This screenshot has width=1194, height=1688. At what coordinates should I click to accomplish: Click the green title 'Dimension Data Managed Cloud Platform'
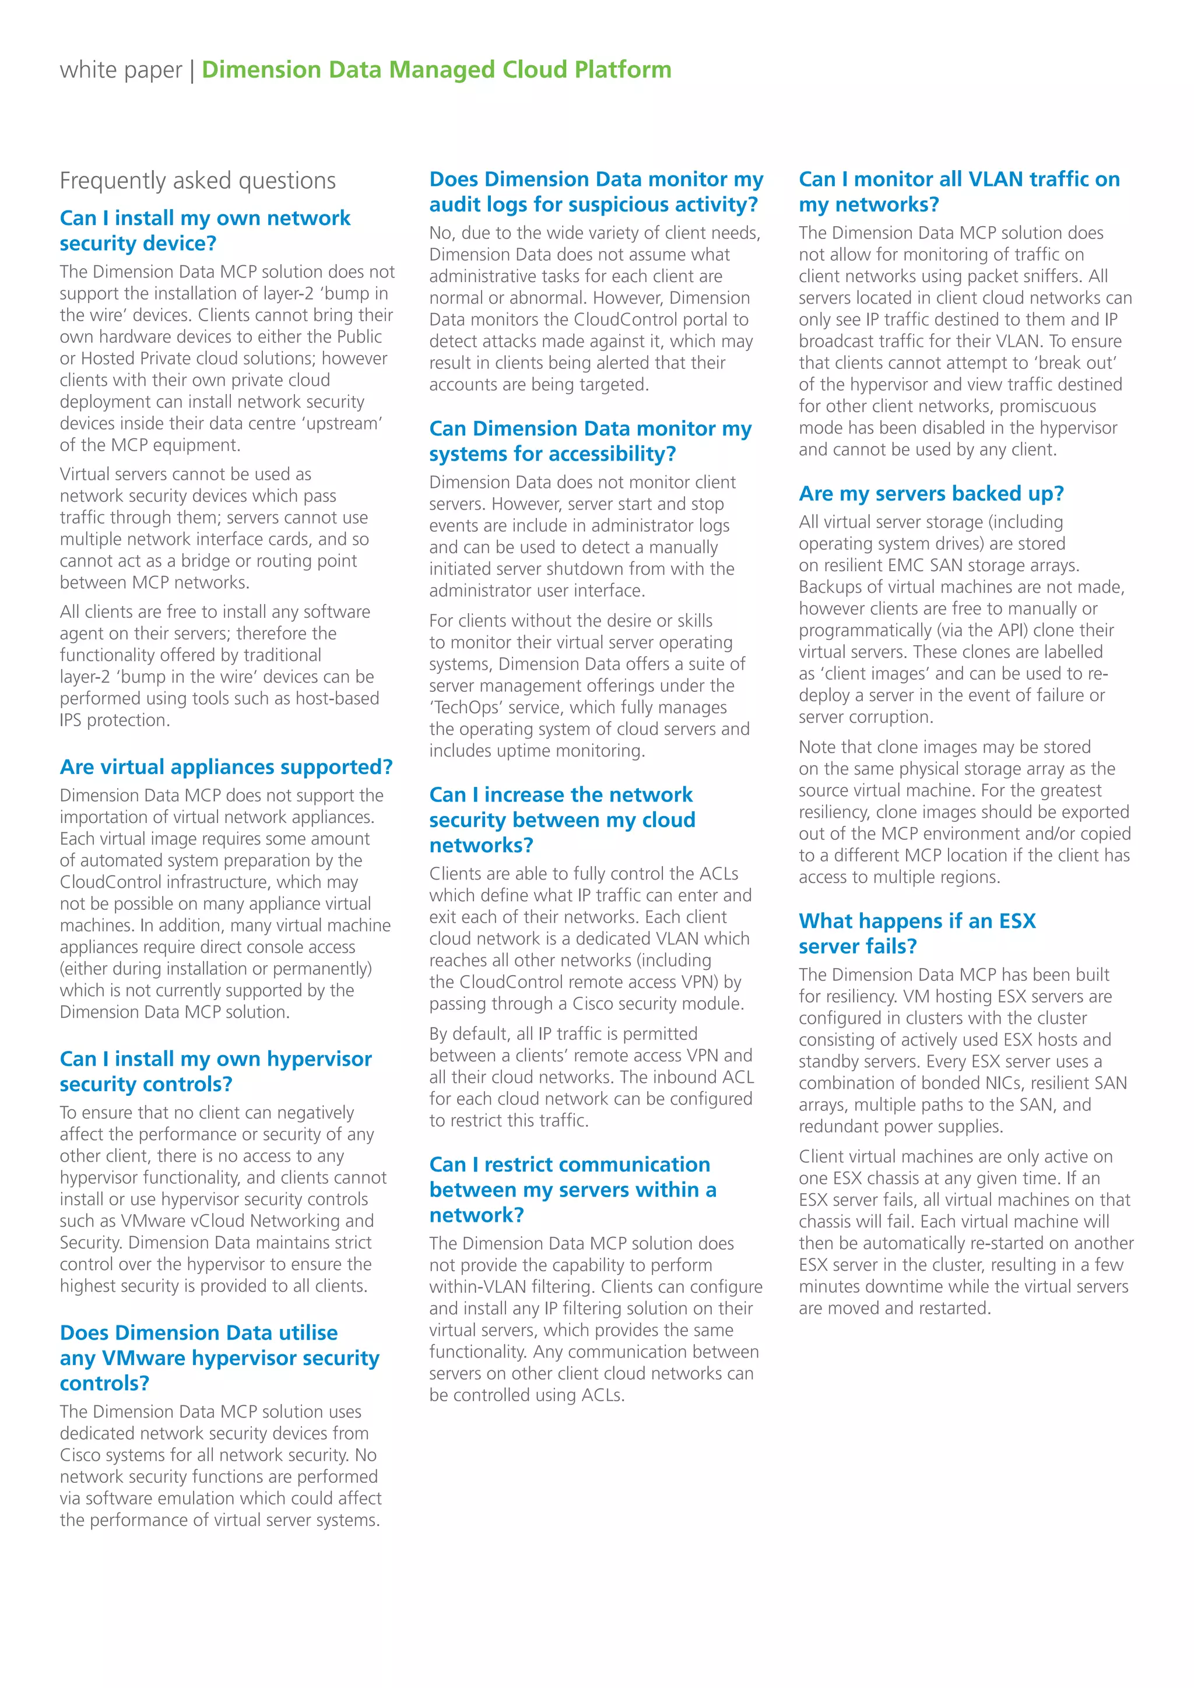pos(436,70)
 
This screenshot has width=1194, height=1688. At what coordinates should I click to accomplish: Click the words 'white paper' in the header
pos(121,70)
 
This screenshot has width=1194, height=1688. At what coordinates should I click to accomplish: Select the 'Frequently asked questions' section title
pos(197,181)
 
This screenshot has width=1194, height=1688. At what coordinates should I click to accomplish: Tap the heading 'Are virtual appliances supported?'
pos(226,767)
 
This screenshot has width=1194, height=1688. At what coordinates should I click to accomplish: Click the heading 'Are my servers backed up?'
pos(931,493)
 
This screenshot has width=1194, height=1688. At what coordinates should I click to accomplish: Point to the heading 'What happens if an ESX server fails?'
pos(917,934)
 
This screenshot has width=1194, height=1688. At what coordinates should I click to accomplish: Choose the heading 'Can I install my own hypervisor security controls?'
pos(215,1071)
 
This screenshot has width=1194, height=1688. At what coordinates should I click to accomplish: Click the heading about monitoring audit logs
pos(595,192)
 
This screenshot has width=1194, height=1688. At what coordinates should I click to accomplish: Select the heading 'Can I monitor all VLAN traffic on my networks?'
pos(958,192)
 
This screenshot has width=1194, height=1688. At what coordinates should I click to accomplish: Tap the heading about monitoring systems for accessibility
pos(589,441)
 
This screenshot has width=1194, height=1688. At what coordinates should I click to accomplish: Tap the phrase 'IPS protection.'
pos(115,720)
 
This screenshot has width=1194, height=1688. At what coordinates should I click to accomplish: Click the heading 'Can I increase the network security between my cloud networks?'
pos(561,820)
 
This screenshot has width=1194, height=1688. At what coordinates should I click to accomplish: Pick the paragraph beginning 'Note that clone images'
pos(964,812)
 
